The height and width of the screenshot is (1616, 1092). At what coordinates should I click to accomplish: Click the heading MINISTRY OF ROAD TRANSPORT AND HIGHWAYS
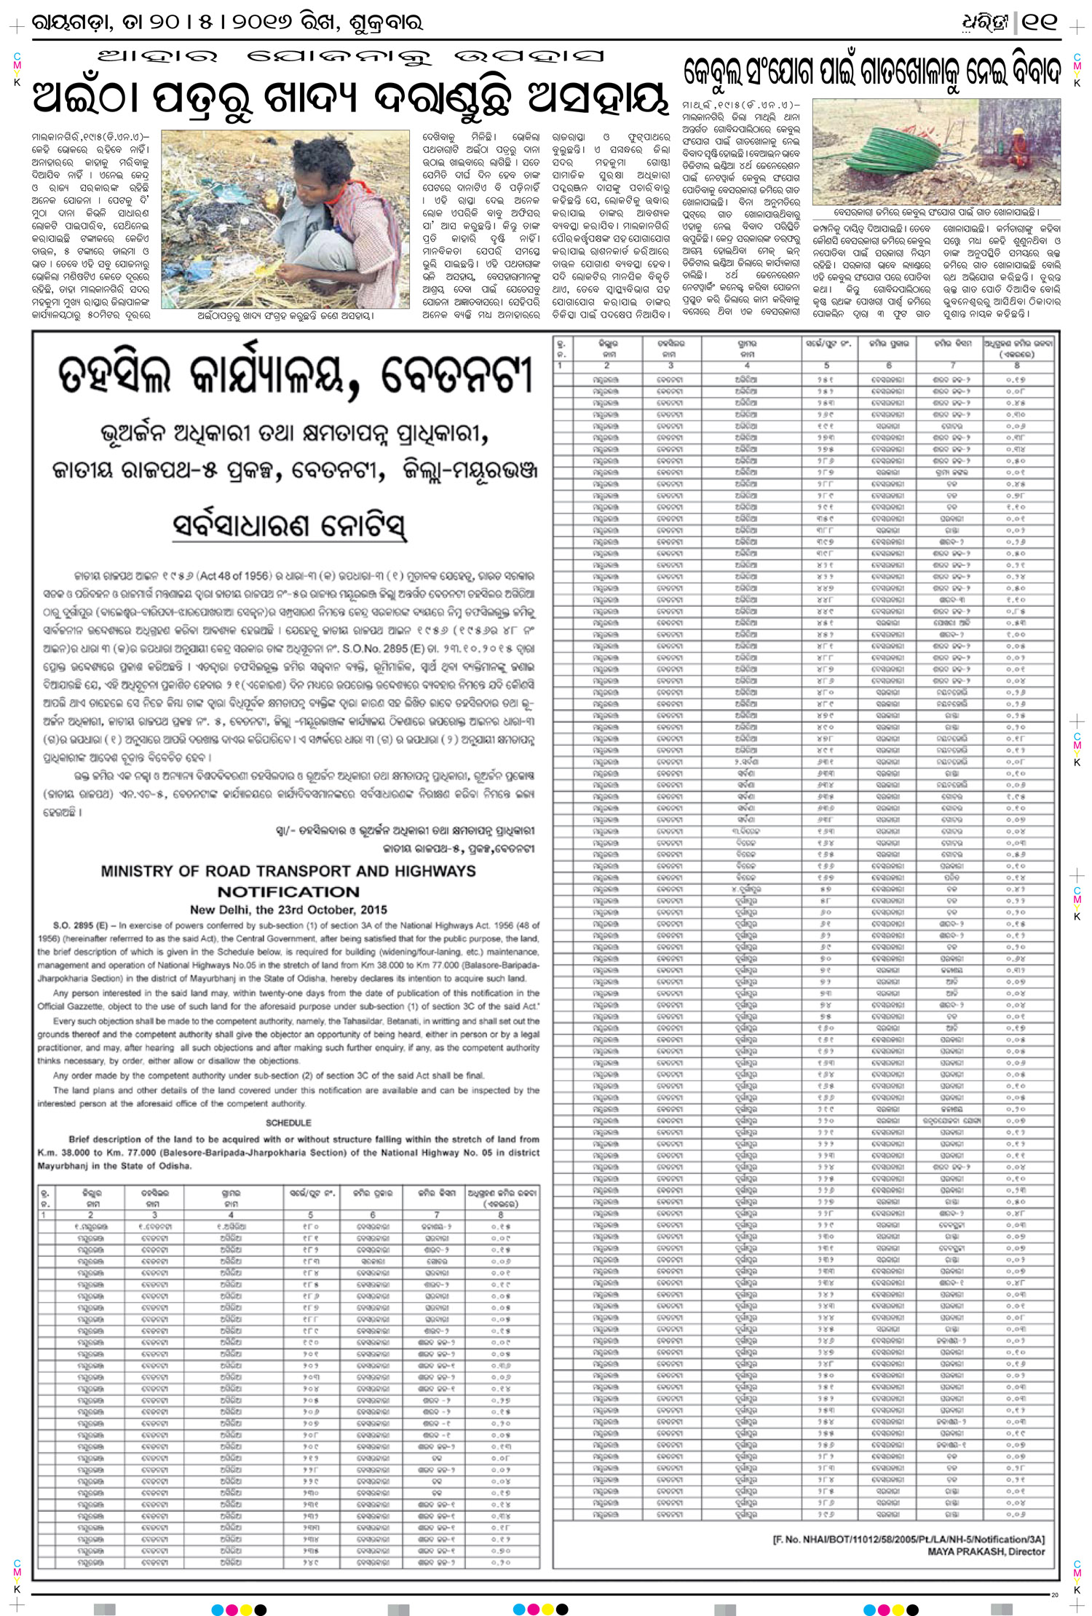tap(288, 871)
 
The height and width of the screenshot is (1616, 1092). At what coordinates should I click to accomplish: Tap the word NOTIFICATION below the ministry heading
tap(288, 891)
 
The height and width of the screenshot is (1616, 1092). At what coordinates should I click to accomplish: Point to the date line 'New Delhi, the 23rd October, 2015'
tap(288, 910)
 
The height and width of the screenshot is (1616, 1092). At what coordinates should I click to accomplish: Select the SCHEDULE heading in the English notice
tap(288, 1123)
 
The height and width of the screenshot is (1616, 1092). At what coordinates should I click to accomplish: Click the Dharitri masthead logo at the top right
tap(985, 23)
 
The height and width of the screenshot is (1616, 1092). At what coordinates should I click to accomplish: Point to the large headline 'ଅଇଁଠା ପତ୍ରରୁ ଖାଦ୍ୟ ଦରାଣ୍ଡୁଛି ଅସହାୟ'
tap(349, 98)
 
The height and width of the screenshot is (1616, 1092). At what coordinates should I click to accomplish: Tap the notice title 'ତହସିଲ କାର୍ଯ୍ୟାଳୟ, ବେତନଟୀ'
tap(296, 377)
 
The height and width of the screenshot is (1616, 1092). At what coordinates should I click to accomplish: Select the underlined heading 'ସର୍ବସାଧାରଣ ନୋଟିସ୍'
tap(289, 527)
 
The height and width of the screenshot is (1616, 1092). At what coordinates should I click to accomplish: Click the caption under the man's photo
tap(285, 316)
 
